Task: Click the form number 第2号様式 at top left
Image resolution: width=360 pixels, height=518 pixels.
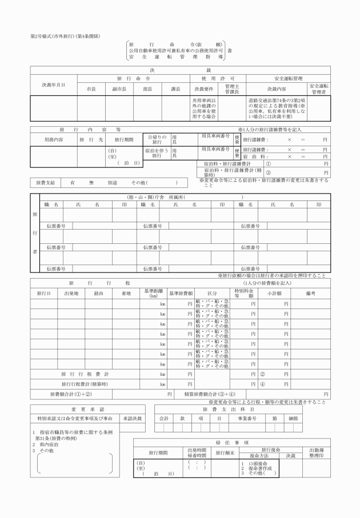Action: coord(43,37)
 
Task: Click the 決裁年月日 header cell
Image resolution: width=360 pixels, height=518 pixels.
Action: coord(53,85)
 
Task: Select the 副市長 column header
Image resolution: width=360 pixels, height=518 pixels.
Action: coord(119,90)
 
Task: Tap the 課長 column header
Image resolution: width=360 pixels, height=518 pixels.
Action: coord(175,90)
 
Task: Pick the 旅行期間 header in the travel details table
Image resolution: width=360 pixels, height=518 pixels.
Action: coord(124,139)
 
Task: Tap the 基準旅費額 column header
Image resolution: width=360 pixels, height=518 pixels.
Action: coord(181,293)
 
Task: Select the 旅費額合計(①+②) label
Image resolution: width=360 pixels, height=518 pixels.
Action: coord(71,394)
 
